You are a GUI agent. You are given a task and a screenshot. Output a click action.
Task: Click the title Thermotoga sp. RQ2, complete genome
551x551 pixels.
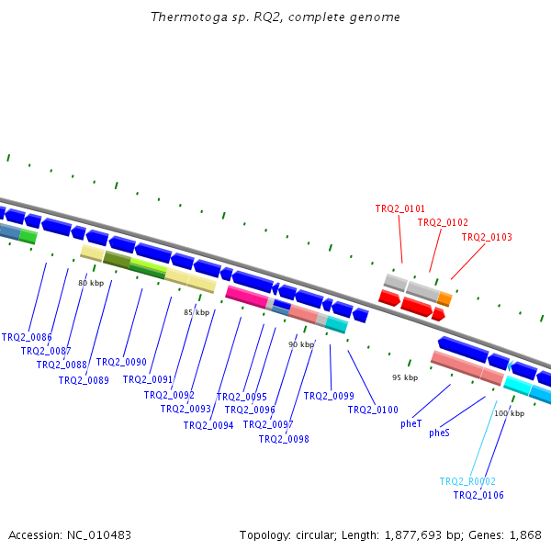click(x=275, y=17)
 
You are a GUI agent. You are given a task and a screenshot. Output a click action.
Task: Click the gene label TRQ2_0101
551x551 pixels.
click(x=399, y=208)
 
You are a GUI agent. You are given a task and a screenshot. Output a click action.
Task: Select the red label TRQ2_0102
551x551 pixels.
click(x=443, y=222)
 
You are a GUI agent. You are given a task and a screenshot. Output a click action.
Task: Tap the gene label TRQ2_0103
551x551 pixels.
click(x=487, y=237)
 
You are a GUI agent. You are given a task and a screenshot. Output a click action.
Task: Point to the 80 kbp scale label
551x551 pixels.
click(x=91, y=283)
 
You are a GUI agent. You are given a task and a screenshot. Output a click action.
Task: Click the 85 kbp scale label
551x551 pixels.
click(x=197, y=312)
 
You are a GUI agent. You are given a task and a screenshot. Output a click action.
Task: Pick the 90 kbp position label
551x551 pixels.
click(x=301, y=344)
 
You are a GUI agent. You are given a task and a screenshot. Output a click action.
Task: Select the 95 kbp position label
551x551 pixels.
click(x=405, y=377)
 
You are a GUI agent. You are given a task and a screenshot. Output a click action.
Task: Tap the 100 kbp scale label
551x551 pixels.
click(x=509, y=413)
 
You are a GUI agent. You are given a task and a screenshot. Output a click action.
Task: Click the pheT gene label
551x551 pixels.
click(x=410, y=424)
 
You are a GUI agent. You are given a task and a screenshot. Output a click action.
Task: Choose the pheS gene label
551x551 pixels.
click(x=439, y=433)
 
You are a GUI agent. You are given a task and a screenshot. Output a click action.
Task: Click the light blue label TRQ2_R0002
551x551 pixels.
click(x=467, y=481)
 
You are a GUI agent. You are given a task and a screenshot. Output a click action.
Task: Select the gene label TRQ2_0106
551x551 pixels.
click(x=478, y=495)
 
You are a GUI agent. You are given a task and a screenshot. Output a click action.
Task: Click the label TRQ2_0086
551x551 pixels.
click(x=27, y=337)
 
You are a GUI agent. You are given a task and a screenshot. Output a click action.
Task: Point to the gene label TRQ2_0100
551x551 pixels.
click(x=373, y=410)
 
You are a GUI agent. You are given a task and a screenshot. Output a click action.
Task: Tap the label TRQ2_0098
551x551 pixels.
click(x=284, y=439)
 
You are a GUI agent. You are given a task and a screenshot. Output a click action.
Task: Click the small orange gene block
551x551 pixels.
click(x=444, y=298)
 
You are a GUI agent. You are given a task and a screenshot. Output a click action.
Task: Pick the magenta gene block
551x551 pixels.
click(x=246, y=296)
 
